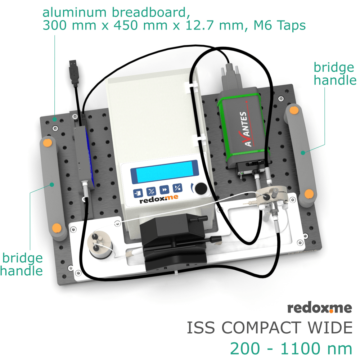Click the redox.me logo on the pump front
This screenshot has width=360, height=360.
pos(159,201)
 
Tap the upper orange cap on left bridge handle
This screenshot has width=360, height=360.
pos(47,143)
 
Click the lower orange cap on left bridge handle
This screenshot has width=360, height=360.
pos(56,228)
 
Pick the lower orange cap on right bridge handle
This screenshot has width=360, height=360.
pos(309,194)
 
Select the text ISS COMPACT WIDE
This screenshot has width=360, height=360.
pos(269,328)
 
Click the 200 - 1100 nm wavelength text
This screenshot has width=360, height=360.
pos(291,348)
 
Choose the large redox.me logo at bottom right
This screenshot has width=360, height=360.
pos(319,308)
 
